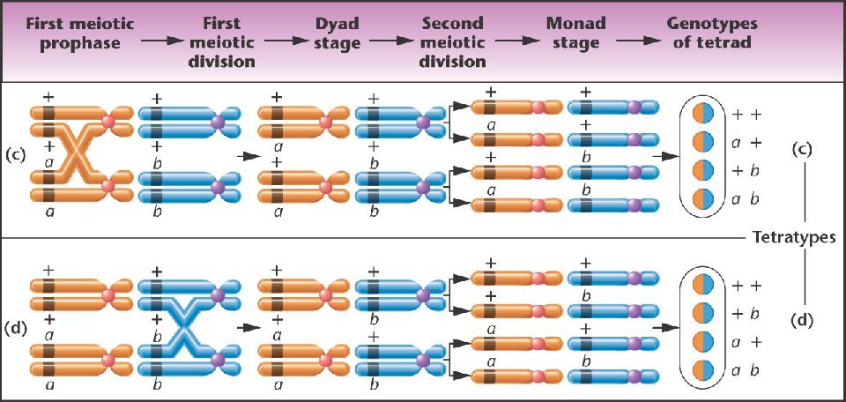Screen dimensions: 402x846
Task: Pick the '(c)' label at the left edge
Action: click(15, 153)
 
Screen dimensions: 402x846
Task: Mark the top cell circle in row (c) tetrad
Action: click(702, 114)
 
